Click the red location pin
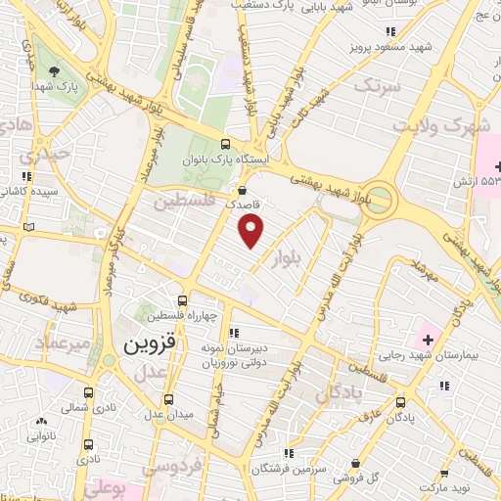[x=252, y=231]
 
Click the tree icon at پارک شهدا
[x=55, y=69]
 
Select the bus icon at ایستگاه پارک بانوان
[x=228, y=139]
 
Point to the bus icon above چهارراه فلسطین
[x=181, y=300]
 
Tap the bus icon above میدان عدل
[x=169, y=399]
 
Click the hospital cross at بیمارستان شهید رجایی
[x=428, y=340]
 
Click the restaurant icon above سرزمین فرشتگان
[x=288, y=453]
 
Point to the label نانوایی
[x=45, y=438]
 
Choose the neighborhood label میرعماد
[x=63, y=344]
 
